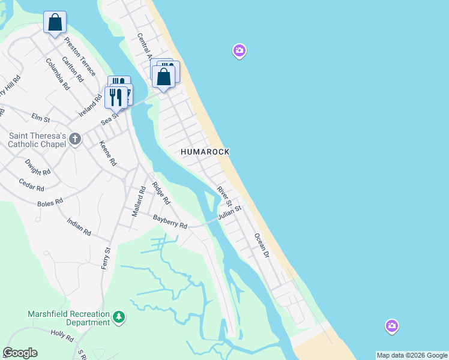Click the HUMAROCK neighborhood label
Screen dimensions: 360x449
coord(205,152)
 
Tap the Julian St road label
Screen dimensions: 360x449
coord(229,212)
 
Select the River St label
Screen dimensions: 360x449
coord(224,196)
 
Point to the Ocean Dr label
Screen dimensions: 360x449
coord(261,246)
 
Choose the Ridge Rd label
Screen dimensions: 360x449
coord(161,193)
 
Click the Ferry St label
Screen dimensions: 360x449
coord(107,258)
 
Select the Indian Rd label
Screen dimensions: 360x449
coord(79,227)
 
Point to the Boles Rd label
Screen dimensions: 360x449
coord(50,203)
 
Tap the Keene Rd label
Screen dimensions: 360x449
coord(108,154)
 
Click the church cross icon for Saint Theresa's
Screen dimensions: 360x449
coord(75,139)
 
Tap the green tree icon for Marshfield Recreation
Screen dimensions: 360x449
coord(119,316)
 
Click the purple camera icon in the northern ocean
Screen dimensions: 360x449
coord(240,52)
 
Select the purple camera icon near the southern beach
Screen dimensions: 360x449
coord(391,326)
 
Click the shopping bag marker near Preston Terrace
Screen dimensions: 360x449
coord(55,22)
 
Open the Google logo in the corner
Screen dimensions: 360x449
coord(20,353)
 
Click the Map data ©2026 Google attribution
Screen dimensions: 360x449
coord(411,355)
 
